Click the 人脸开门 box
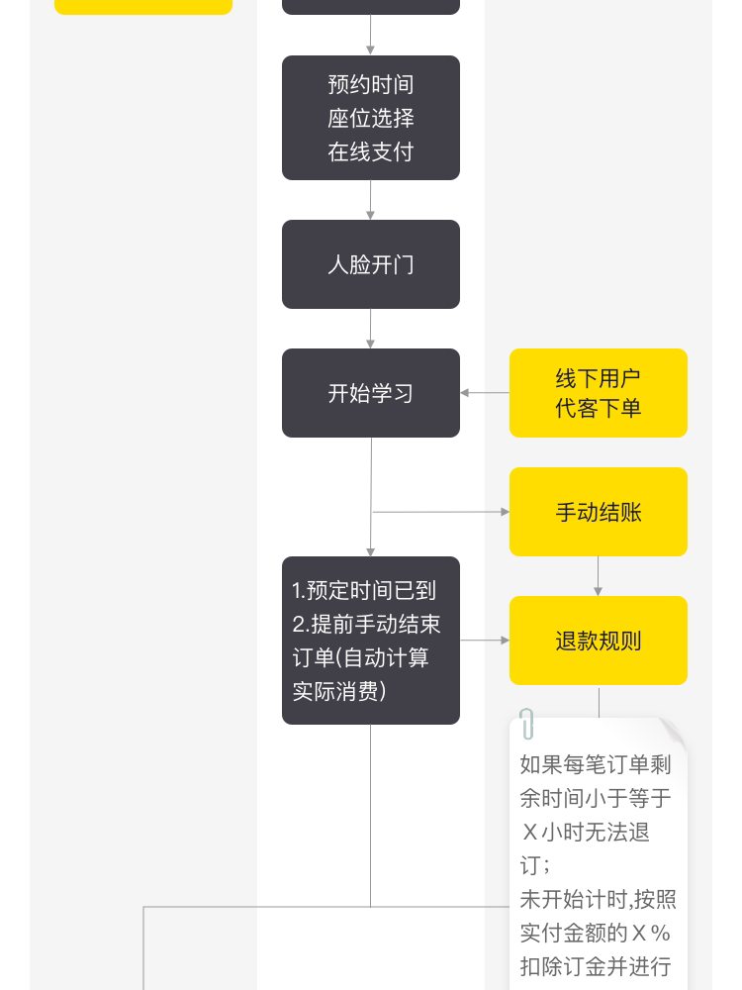coord(371,264)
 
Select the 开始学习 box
coord(371,393)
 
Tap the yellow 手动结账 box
coord(598,512)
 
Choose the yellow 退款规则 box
coord(598,641)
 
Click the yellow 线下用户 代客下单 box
coord(598,393)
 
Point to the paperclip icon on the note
coord(527,724)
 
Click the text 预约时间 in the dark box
coord(371,84)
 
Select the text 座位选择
coord(371,118)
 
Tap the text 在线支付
coord(371,151)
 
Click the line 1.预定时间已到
coord(364,591)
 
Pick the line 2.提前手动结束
coord(366,625)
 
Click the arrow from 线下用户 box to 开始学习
coord(484,393)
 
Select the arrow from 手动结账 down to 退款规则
coord(599,576)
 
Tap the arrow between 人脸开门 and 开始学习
coord(371,329)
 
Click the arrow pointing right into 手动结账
coord(440,512)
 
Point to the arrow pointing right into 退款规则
coord(485,641)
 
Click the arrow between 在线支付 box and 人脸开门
coord(371,200)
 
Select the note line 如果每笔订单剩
coord(596,765)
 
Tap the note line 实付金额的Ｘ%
coord(596,933)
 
